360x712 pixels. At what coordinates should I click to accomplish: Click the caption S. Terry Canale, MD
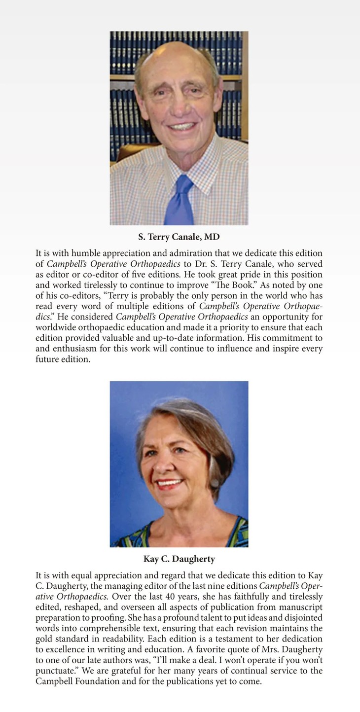click(179, 237)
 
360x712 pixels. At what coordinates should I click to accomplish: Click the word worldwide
click(54, 328)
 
